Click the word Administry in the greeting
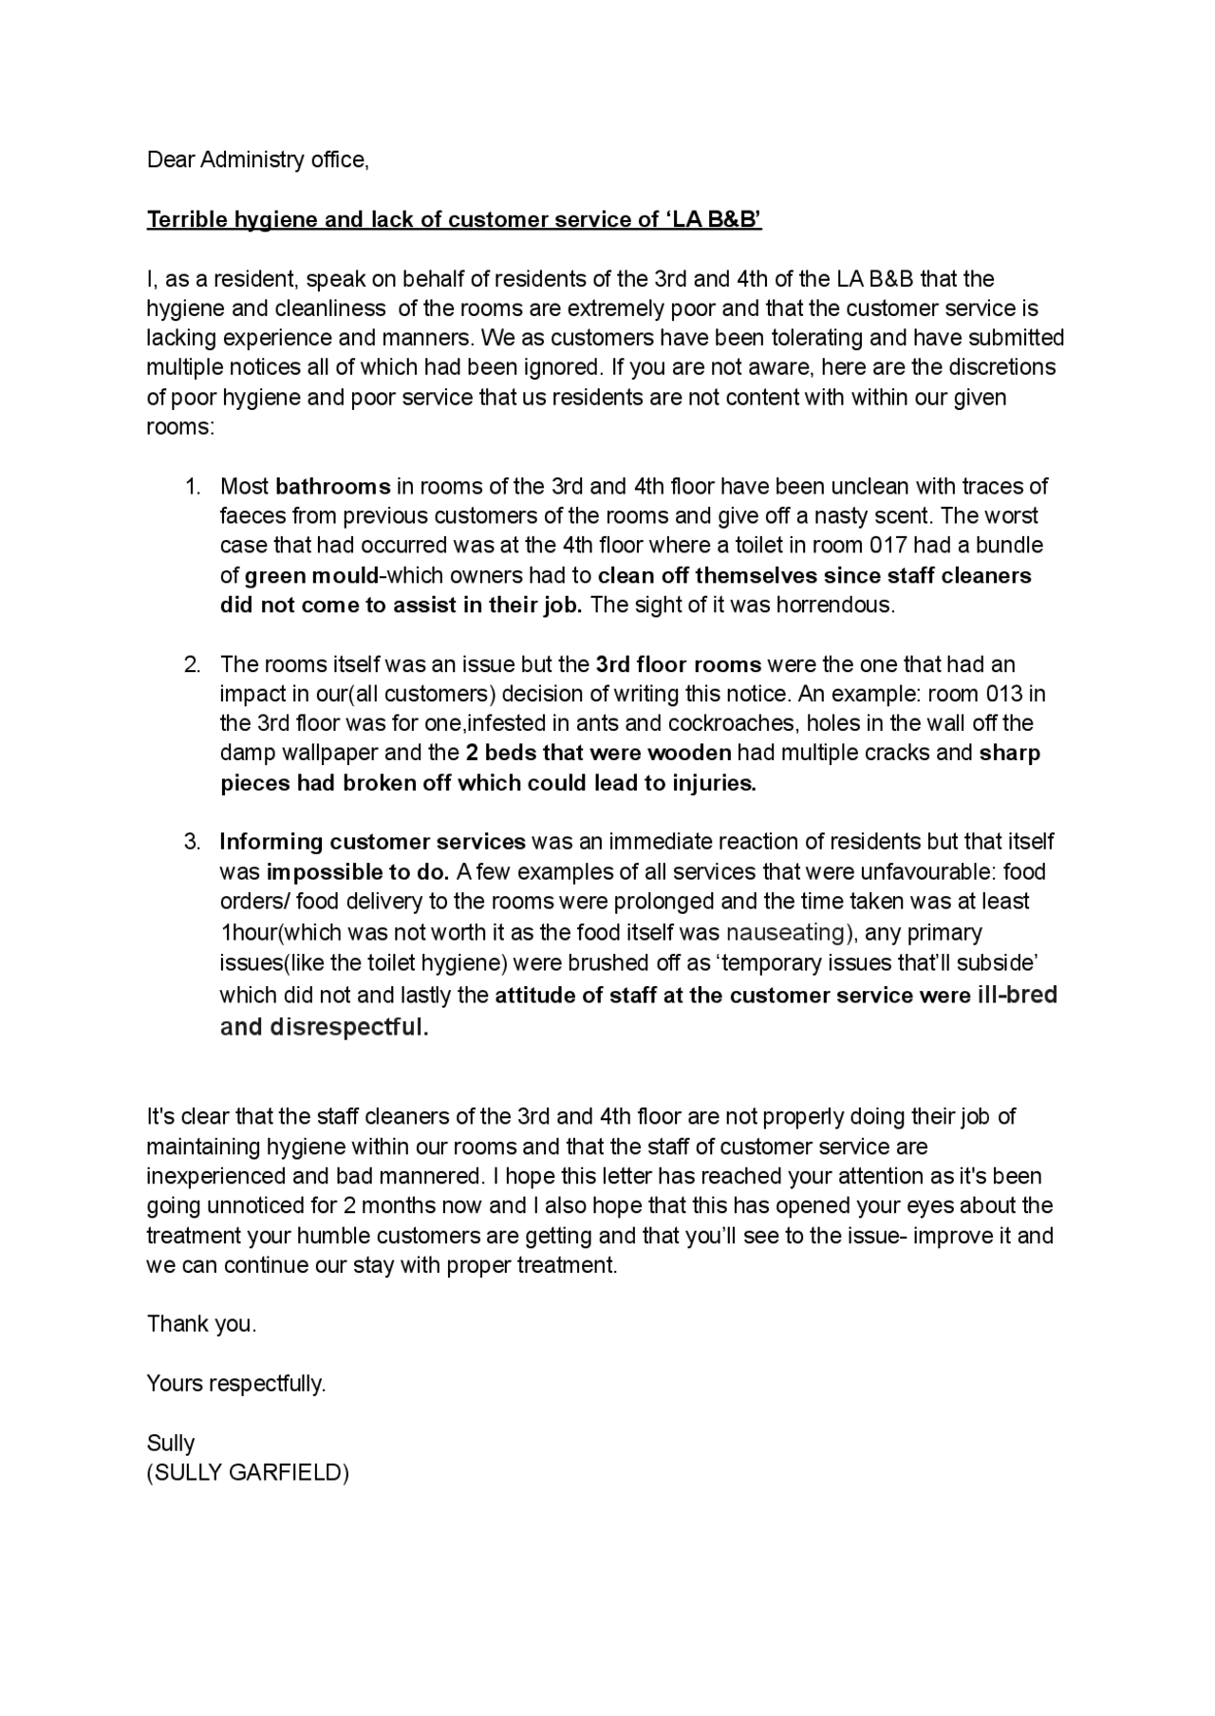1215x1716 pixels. coord(252,159)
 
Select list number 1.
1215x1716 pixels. coord(193,487)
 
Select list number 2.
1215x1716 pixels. coord(193,664)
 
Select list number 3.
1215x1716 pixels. coord(193,842)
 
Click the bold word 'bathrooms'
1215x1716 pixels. coord(332,487)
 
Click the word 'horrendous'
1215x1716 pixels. coord(835,606)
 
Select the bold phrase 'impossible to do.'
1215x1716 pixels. coord(359,871)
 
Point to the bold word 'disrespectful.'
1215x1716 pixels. coord(349,1027)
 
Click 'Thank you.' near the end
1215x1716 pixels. coord(201,1324)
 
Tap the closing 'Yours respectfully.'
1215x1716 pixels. coord(236,1384)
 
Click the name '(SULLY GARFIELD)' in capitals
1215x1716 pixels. coord(248,1473)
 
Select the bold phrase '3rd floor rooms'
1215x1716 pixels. coord(678,664)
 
